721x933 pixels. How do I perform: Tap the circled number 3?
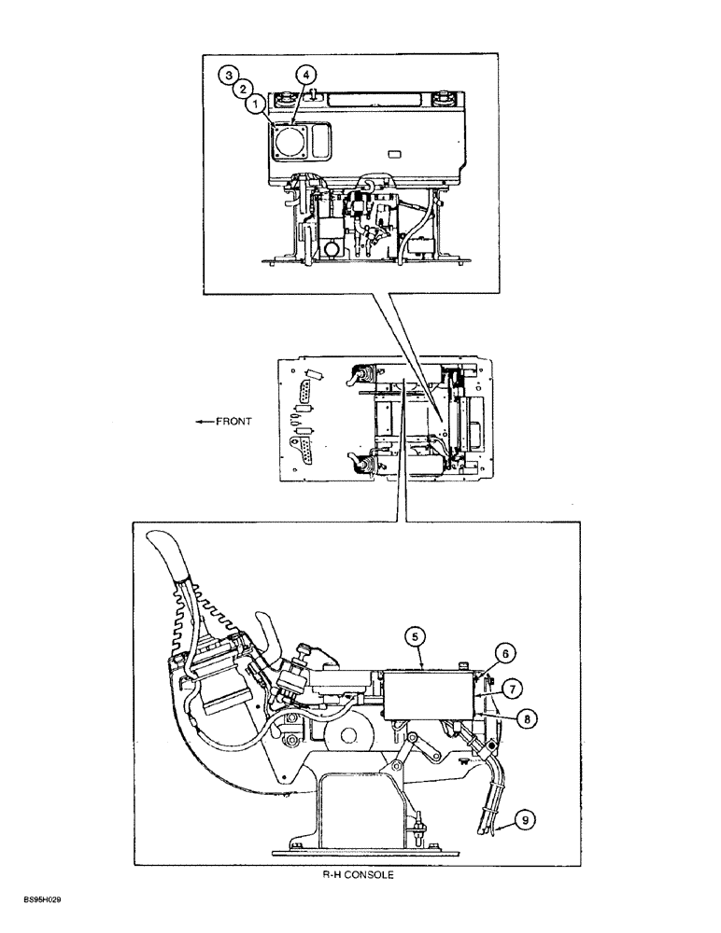point(228,73)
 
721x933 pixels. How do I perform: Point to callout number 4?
point(304,74)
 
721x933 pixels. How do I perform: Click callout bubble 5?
point(416,638)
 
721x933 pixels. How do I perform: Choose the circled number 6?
point(503,654)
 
